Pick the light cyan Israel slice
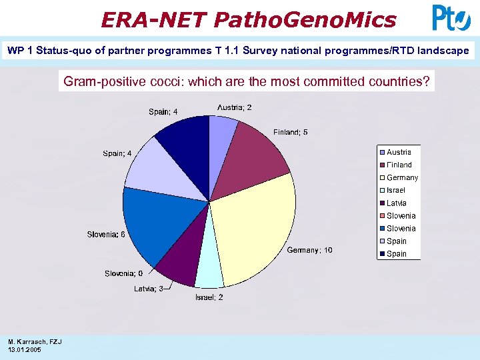click(209, 270)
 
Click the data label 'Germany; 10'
click(309, 250)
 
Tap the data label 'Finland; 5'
click(290, 133)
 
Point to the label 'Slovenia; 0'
click(123, 274)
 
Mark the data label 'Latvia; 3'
click(148, 289)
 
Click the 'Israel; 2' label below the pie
click(209, 297)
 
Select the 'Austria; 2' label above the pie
click(234, 107)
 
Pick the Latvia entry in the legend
click(396, 203)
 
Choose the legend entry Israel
click(395, 190)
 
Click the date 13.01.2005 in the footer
click(25, 350)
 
